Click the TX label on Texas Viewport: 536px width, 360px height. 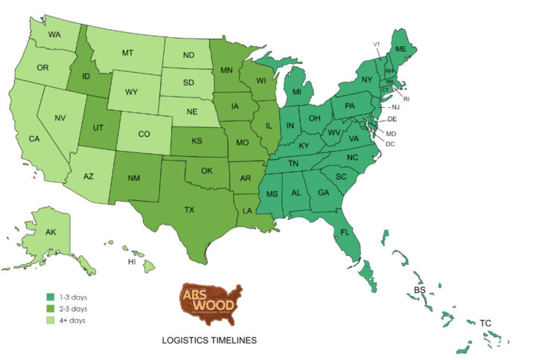(x=190, y=210)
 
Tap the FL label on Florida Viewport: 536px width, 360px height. (x=345, y=232)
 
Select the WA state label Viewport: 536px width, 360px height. (x=54, y=35)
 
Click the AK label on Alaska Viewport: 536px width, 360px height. (x=51, y=232)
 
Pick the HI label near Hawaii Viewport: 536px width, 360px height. (x=131, y=262)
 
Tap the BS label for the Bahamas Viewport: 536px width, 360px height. (x=419, y=288)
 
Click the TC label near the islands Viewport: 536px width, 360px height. (x=485, y=323)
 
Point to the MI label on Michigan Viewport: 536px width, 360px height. (x=297, y=92)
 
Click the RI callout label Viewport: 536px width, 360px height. (x=406, y=98)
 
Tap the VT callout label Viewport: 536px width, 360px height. (x=377, y=44)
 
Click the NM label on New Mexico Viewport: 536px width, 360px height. (x=134, y=179)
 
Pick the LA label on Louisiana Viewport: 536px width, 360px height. (x=245, y=210)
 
